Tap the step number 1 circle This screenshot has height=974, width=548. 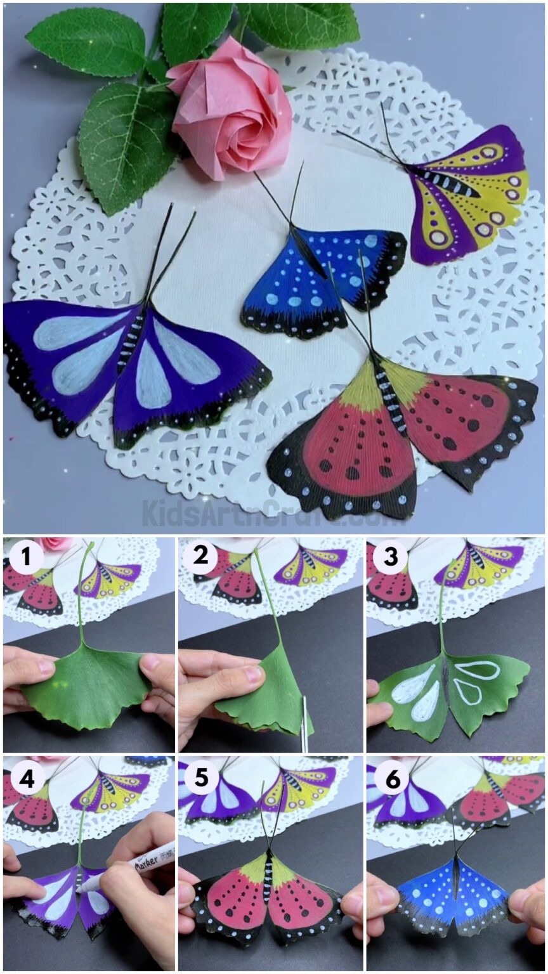(x=25, y=558)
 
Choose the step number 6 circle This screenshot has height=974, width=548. (x=391, y=778)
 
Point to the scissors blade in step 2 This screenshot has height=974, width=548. (x=304, y=723)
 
